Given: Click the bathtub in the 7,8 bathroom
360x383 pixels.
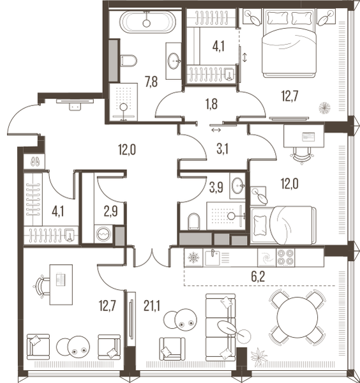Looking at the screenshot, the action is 147,22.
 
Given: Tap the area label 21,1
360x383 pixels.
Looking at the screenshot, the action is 152,306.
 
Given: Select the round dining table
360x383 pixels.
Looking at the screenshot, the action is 297,317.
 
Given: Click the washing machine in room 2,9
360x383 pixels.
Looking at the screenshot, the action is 103,234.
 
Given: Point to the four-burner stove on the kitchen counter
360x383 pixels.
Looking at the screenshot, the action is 285,257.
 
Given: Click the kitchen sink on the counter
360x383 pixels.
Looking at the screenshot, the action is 213,257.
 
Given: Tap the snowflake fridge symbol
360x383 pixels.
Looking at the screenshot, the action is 193,258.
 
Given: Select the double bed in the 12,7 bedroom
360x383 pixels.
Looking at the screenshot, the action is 289,43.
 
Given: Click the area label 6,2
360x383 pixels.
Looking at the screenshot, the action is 258,276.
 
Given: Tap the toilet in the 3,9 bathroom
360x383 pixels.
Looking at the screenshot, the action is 194,222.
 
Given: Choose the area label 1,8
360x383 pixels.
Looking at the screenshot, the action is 211,104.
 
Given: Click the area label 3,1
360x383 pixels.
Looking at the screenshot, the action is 222,149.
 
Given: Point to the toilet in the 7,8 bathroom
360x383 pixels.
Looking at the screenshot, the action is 129,61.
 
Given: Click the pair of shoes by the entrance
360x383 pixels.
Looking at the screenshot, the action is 35,161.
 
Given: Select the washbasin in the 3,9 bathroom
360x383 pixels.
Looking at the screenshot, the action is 237,186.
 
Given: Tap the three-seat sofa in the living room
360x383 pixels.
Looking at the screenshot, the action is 221,327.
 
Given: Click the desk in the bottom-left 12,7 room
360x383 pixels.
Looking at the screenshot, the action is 61,285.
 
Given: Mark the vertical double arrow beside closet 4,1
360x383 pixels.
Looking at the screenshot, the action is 244,57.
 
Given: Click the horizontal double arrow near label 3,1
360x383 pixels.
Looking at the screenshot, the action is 216,130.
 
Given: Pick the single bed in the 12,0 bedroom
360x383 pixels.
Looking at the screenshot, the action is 283,225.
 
